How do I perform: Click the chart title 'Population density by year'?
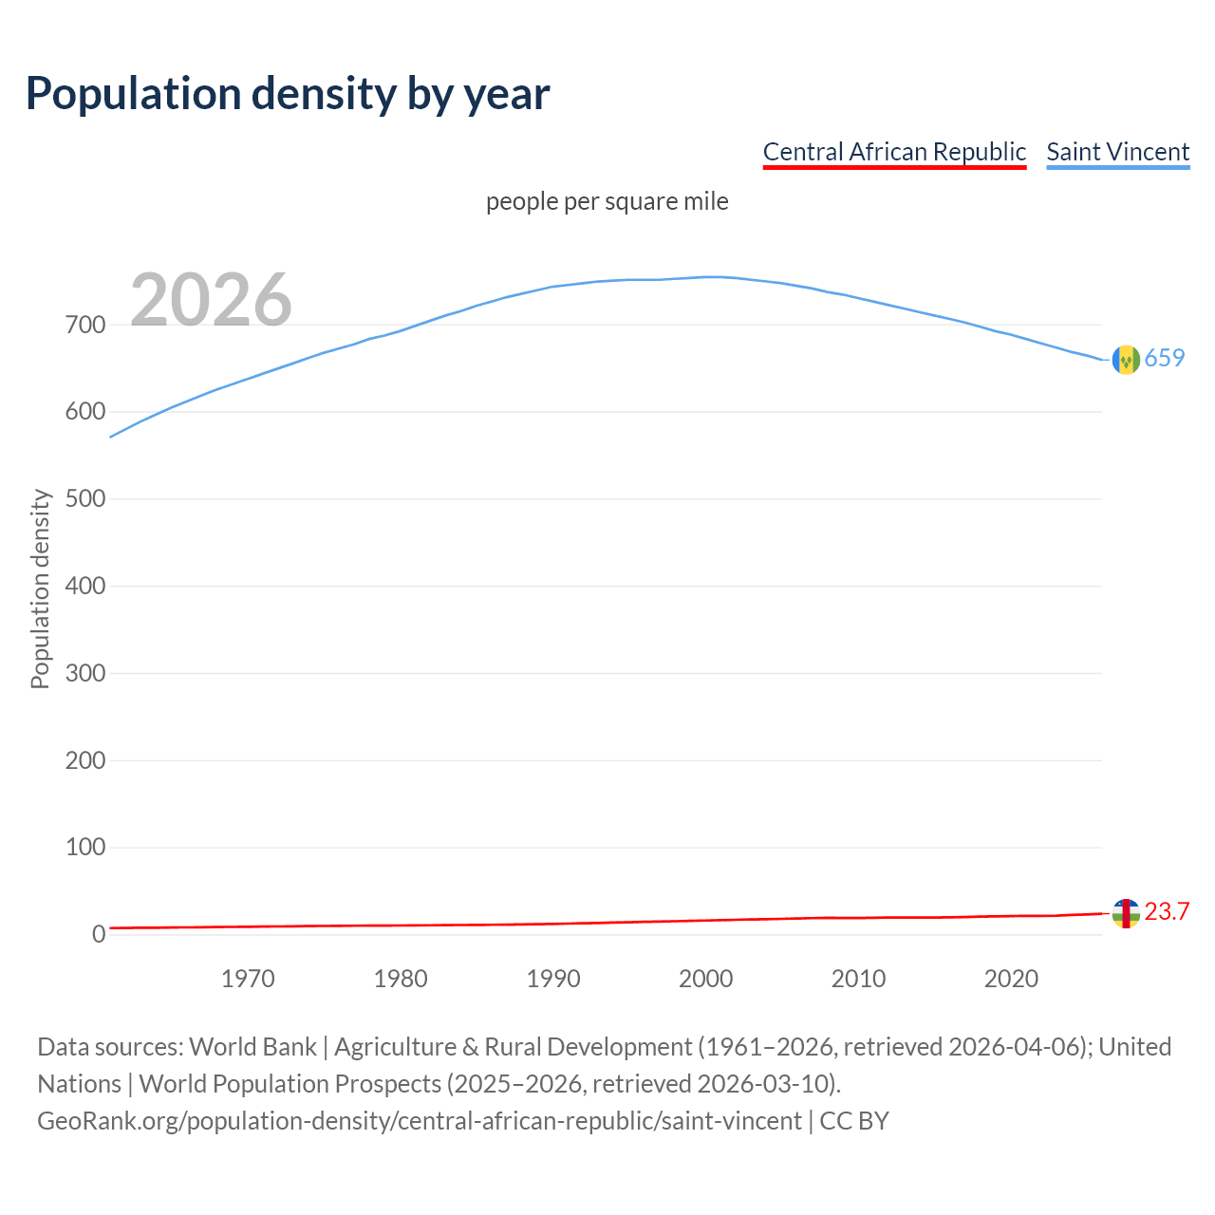coord(288,94)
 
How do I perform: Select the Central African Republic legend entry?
coord(894,152)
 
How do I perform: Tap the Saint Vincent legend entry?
coord(1117,152)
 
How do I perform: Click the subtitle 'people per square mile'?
coord(607,202)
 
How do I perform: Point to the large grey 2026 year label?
coord(211,300)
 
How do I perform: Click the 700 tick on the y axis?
coord(85,326)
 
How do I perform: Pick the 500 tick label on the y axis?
coord(85,499)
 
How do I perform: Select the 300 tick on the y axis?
coord(85,674)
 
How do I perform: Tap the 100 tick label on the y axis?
coord(85,848)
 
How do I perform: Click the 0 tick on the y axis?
coord(99,935)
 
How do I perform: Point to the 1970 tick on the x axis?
coord(248,979)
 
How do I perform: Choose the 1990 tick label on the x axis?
coord(553,979)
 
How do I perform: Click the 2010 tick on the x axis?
coord(858,979)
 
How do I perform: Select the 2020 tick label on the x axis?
coord(1011,979)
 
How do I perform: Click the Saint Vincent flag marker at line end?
coord(1126,360)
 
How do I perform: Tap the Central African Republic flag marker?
coord(1126,913)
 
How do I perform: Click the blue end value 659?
coord(1165,359)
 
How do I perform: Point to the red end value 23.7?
coord(1167,912)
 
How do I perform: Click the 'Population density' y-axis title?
coord(40,589)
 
